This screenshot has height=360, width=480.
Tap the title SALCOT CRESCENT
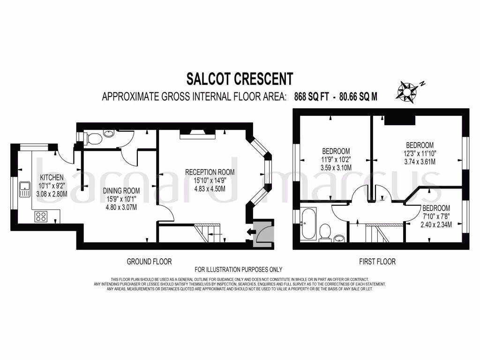pos(240,78)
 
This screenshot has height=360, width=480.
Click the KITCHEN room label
pos(52,178)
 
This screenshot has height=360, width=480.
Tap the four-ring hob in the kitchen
pos(41,216)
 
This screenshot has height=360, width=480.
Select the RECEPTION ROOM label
pos(210,172)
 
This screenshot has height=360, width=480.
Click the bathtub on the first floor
pos(309,224)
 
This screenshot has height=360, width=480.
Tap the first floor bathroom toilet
pos(324,231)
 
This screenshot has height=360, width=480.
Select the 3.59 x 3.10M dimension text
pos(336,167)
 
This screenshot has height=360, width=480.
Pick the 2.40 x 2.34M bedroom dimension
pos(436,225)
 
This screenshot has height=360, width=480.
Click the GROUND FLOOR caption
pos(149,261)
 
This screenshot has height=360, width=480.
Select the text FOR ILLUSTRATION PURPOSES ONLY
pos(239,270)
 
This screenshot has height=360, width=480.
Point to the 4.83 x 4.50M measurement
pos(210,189)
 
